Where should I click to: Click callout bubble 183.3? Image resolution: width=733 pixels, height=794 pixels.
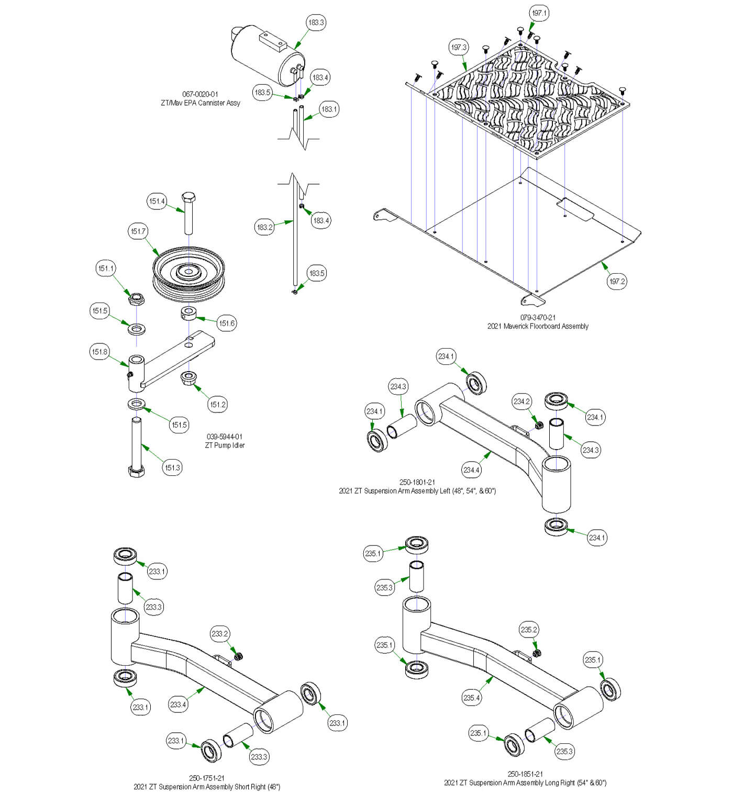[x=316, y=23]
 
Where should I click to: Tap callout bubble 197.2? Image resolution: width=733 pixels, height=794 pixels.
[x=617, y=282]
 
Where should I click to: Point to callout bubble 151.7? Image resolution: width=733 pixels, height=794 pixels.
[x=138, y=231]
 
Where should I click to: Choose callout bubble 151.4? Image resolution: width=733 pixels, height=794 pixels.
[x=157, y=202]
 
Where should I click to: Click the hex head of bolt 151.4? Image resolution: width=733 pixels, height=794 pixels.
[x=188, y=198]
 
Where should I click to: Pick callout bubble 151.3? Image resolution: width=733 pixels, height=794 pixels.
[x=172, y=467]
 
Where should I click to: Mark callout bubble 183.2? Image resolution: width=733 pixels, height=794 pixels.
[x=265, y=227]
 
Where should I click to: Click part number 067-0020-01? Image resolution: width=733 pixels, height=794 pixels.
[x=200, y=94]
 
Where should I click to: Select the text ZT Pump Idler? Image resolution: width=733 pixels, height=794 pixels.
[x=225, y=445]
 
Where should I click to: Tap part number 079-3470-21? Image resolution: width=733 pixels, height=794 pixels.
[x=538, y=318]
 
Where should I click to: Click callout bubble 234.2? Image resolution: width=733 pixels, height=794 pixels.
[x=521, y=401]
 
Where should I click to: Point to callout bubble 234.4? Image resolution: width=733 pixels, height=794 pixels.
[x=471, y=470]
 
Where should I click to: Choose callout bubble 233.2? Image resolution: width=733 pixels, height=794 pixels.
[x=220, y=634]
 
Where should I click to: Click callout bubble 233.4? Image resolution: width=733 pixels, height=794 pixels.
[x=178, y=704]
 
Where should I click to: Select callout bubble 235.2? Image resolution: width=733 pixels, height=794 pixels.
[x=529, y=630]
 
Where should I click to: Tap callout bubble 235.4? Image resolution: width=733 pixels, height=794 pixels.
[x=471, y=698]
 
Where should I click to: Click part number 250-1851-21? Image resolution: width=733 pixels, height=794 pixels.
[x=525, y=774]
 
